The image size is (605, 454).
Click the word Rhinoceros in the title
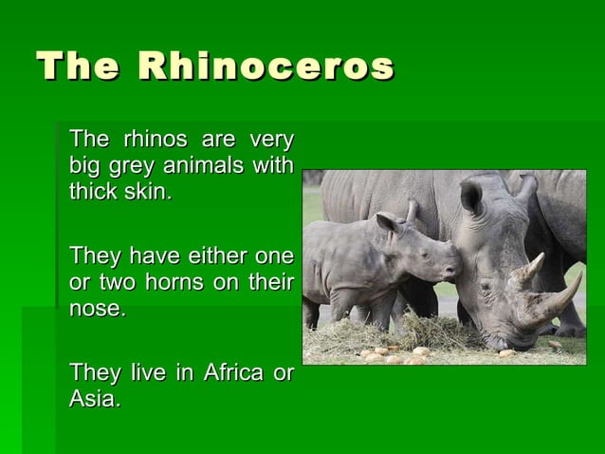pos(266,67)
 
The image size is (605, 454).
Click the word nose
pos(97,308)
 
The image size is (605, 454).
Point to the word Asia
pos(94,399)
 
